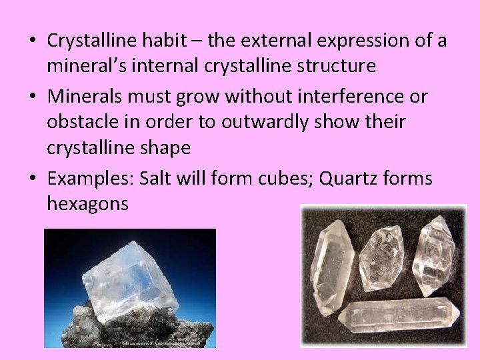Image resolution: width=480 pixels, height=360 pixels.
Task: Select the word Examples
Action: (89, 179)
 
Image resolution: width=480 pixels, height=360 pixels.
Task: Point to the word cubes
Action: (265, 179)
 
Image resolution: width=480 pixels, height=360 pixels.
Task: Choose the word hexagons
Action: (87, 205)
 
